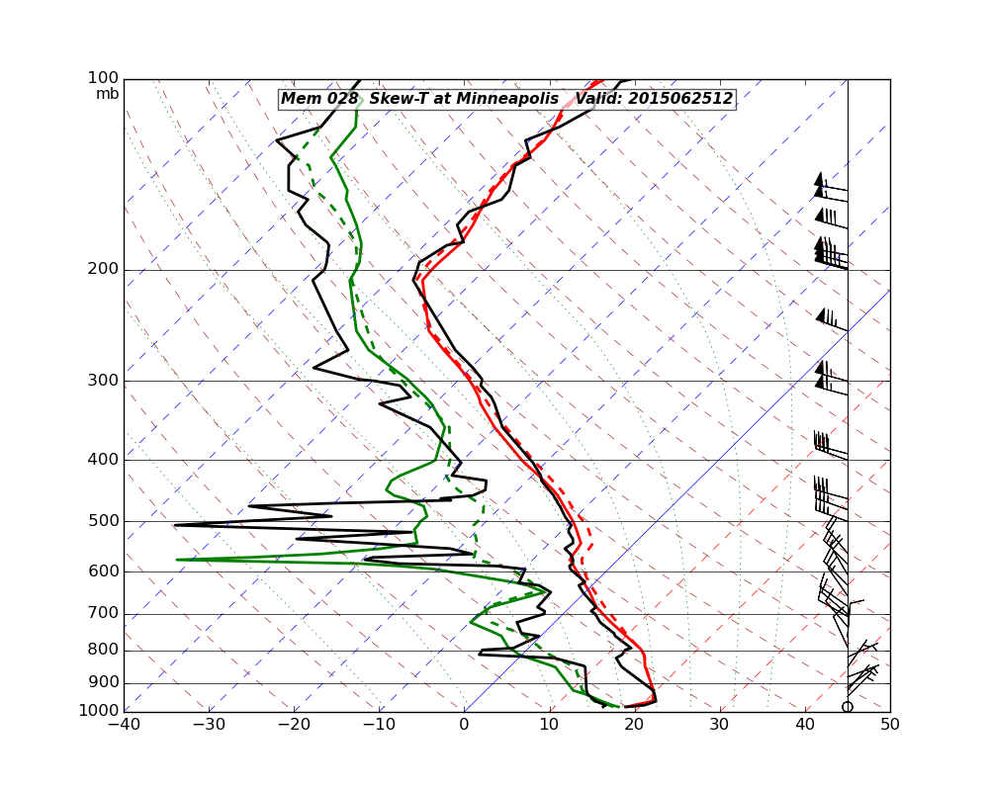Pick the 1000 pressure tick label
tap(100, 711)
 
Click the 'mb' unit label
tap(107, 94)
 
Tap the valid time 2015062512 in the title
tap(680, 99)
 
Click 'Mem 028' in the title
tap(311, 99)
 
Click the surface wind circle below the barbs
tap(848, 706)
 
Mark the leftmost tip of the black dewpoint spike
tap(175, 525)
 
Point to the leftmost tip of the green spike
tap(178, 560)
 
